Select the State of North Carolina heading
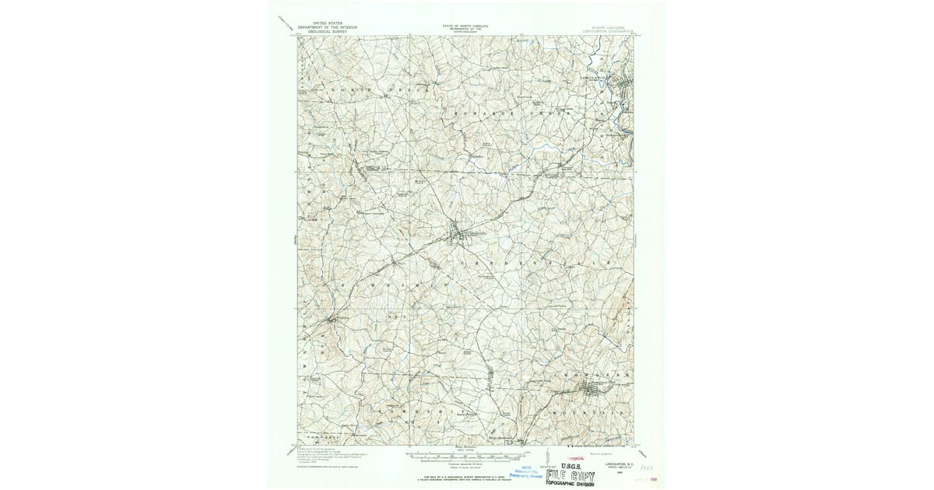pyautogui.click(x=467, y=27)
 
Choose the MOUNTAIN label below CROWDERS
pyautogui.click(x=592, y=405)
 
